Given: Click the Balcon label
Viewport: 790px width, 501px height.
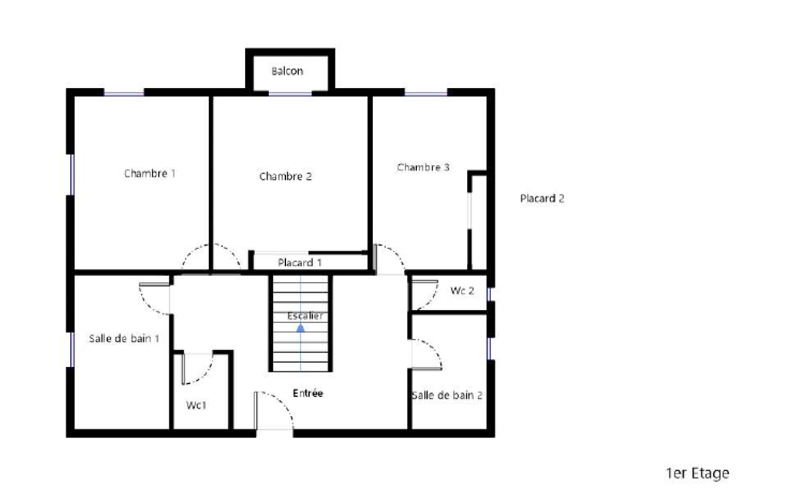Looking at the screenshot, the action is pyautogui.click(x=287, y=71).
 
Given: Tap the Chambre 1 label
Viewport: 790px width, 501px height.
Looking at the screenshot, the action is pyautogui.click(x=150, y=173).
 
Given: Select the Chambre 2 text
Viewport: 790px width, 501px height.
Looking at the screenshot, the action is pyautogui.click(x=286, y=177).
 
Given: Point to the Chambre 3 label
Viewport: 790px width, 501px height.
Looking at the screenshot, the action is pyautogui.click(x=423, y=167).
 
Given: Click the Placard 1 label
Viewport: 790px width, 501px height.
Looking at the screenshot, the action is pyautogui.click(x=300, y=263).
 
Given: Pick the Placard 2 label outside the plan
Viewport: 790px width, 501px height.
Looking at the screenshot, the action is pyautogui.click(x=542, y=199).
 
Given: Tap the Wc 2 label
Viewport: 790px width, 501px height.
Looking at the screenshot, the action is pyautogui.click(x=462, y=291).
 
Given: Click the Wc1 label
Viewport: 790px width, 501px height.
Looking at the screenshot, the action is pyautogui.click(x=196, y=405).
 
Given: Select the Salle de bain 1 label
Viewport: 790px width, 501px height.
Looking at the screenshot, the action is pyautogui.click(x=124, y=338).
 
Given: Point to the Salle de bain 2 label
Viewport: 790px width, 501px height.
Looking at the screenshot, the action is pyautogui.click(x=447, y=395).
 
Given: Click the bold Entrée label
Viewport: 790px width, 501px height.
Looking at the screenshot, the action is pyautogui.click(x=308, y=393).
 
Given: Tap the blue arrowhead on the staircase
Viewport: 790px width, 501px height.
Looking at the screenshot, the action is pyautogui.click(x=301, y=328).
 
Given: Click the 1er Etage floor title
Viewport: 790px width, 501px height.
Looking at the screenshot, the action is pyautogui.click(x=698, y=473).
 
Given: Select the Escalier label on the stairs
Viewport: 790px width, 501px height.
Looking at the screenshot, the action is pyautogui.click(x=304, y=316).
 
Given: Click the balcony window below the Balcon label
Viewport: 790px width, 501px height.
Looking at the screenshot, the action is pyautogui.click(x=290, y=94).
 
